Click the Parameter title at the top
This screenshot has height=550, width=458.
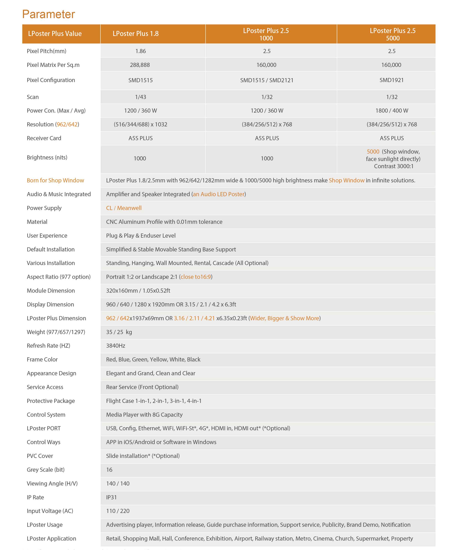(49, 14)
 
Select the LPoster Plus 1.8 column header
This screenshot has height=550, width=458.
(135, 34)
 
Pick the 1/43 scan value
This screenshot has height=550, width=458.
(140, 97)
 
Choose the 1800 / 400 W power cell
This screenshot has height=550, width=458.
(392, 111)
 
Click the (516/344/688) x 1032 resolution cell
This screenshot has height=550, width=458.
(140, 124)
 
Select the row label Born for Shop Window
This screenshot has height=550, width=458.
(55, 180)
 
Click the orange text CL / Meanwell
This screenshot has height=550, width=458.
(124, 208)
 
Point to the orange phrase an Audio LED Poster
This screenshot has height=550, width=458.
(219, 194)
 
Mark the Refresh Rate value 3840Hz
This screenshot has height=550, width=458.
(115, 345)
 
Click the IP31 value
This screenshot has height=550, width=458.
(111, 497)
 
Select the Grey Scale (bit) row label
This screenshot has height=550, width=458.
(46, 470)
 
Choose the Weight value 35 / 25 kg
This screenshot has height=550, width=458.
(119, 332)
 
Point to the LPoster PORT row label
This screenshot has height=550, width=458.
(43, 428)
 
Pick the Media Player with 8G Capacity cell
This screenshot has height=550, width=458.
(144, 415)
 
